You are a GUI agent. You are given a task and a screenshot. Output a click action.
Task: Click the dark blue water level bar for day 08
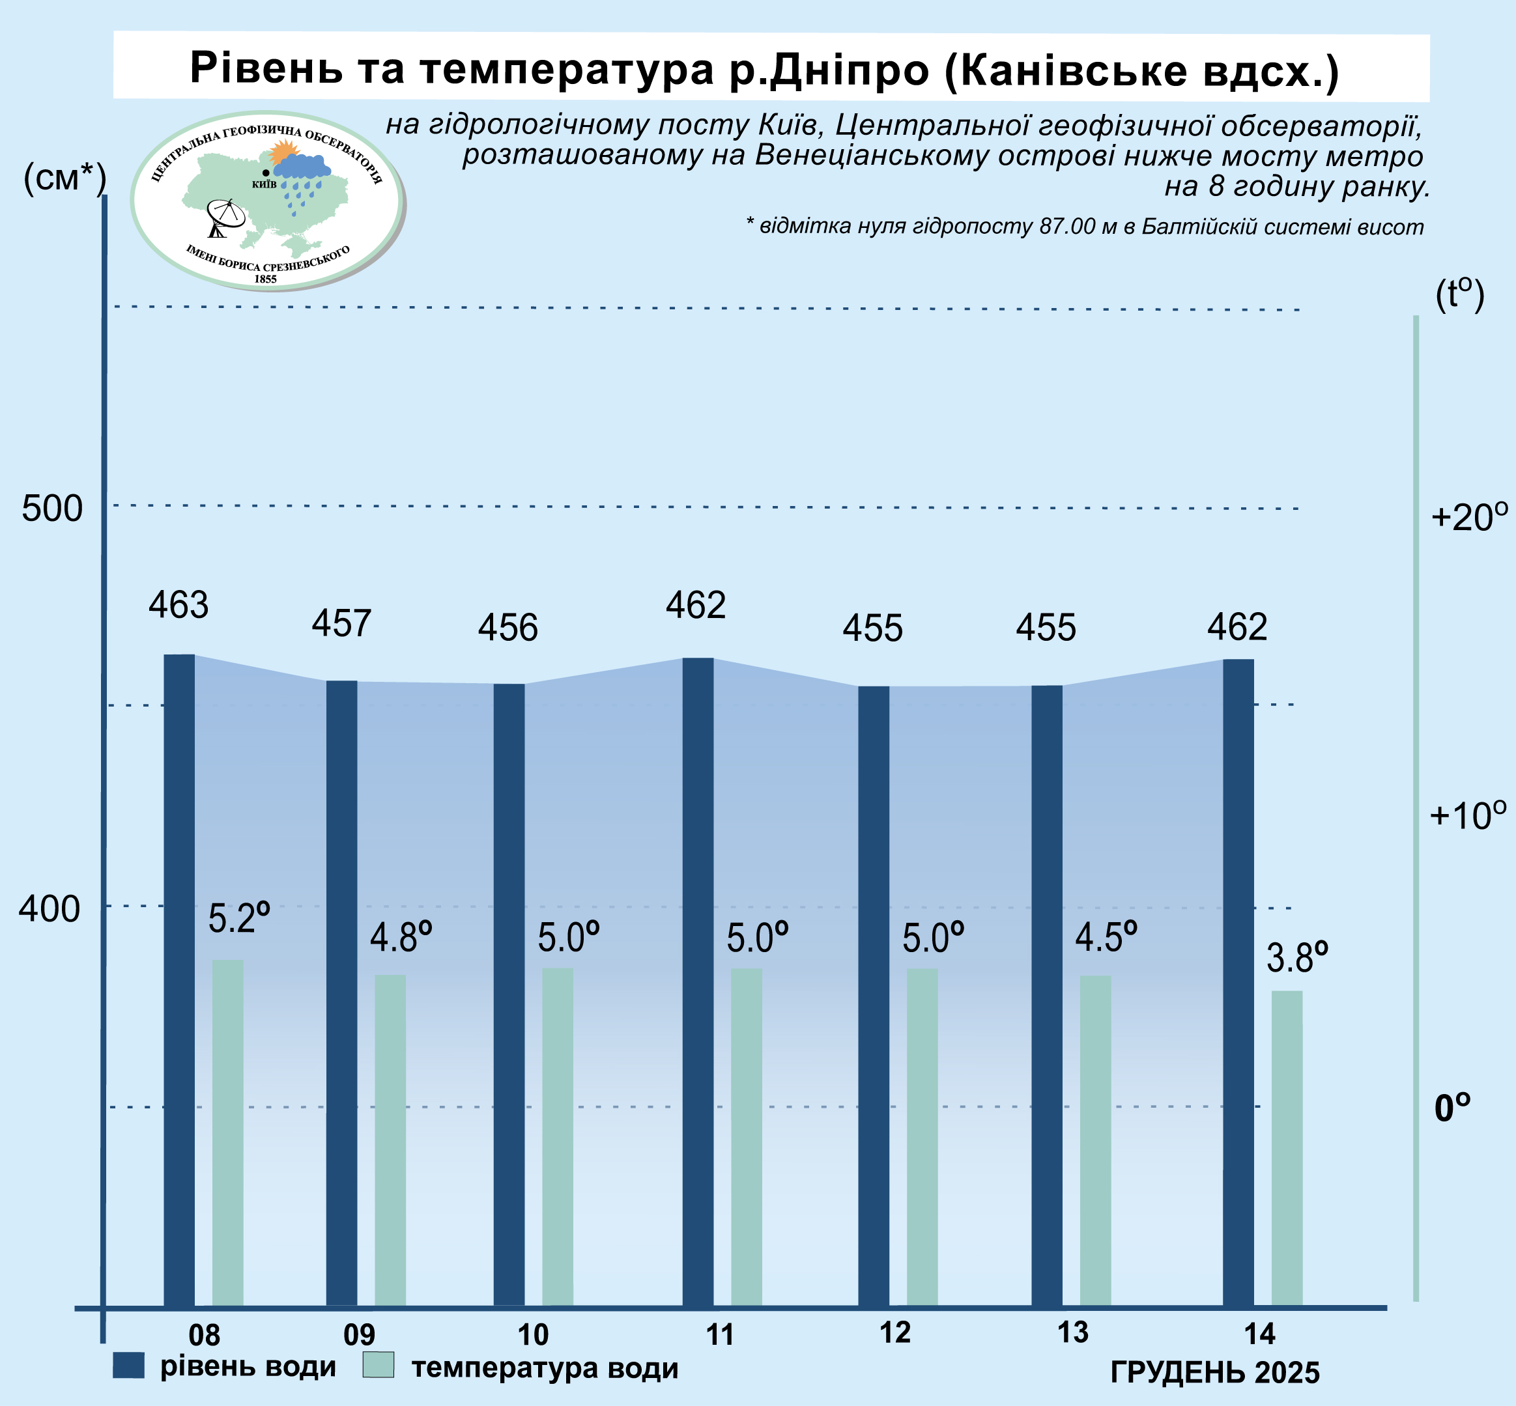(179, 981)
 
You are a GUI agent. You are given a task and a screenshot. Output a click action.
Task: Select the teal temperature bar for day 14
(1287, 1149)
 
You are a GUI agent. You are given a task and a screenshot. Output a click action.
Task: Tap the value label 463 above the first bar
(178, 606)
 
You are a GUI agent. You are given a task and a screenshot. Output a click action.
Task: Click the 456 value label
(508, 628)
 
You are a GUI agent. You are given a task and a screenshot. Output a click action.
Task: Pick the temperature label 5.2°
(239, 918)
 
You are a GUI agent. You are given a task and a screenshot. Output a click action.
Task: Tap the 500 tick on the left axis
(51, 508)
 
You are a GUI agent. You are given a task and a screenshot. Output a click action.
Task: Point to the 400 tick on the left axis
(50, 908)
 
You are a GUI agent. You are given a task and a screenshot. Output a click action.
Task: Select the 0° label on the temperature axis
(1452, 1108)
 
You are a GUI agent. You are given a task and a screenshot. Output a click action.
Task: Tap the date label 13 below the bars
(1073, 1333)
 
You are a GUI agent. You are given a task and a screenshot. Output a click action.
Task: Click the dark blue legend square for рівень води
(128, 1366)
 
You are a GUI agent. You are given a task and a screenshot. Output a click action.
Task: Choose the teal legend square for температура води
(379, 1365)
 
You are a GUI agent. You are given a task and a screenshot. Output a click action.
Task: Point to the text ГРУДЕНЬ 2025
(1214, 1373)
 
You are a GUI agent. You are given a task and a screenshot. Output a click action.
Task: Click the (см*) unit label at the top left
(64, 179)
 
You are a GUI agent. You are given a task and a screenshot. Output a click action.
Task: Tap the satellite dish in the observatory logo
(225, 217)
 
